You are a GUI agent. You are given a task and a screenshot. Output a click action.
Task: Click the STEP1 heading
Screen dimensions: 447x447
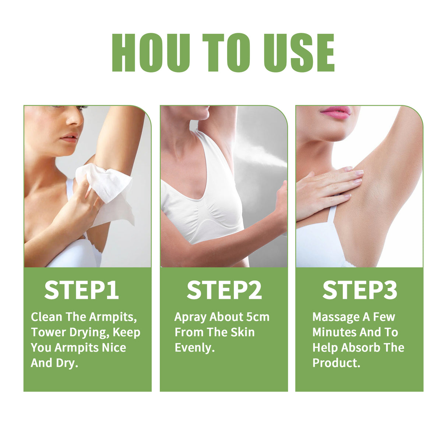81,290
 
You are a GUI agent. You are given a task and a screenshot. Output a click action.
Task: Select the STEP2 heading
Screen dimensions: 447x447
224,290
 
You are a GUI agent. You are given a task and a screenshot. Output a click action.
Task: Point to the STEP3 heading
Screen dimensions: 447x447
360,290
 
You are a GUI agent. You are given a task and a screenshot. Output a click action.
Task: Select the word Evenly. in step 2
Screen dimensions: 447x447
194,348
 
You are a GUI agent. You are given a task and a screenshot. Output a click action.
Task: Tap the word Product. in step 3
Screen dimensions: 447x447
336,363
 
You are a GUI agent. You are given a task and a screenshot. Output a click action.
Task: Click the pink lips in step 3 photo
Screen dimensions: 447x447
335,112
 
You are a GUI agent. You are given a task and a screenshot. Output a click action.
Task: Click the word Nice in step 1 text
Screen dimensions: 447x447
114,348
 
